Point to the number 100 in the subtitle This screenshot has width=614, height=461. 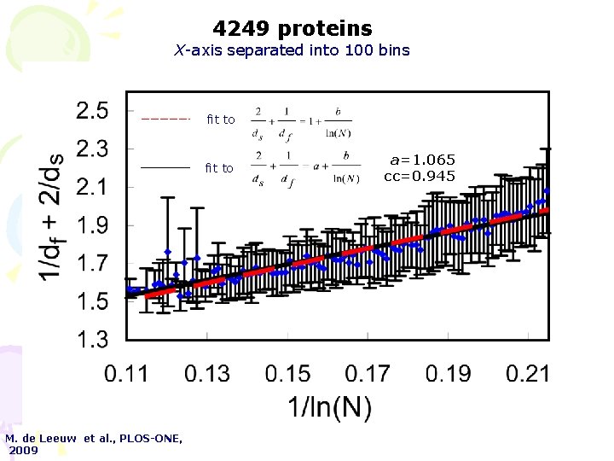(357, 50)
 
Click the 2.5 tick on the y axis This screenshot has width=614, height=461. (92, 111)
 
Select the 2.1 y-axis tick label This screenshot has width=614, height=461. (92, 187)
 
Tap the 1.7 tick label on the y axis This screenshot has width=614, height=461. (92, 263)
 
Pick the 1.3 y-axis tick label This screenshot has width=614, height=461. (92, 340)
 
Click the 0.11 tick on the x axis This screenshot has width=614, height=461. (126, 373)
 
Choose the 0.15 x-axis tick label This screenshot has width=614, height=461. (287, 373)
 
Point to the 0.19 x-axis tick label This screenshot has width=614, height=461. (449, 373)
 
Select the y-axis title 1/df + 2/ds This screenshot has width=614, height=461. (51, 216)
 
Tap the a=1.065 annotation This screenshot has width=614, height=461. (423, 160)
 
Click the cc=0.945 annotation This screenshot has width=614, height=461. (420, 176)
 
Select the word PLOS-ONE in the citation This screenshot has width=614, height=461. (149, 438)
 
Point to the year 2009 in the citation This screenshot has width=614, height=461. (24, 450)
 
